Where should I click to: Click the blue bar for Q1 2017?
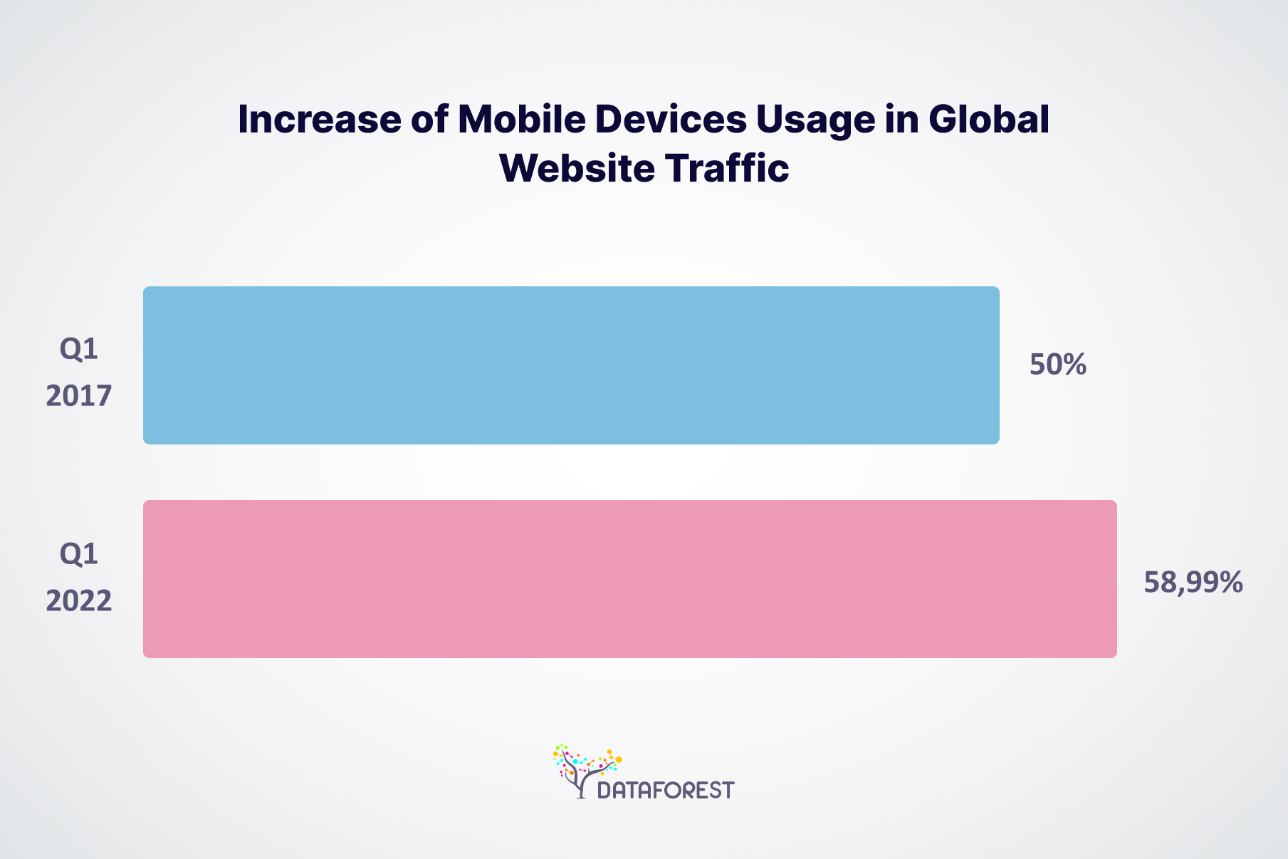(571, 365)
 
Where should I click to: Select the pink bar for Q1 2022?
(629, 578)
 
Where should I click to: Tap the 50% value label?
(1057, 365)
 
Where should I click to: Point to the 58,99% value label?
(1193, 582)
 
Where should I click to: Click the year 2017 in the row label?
(79, 395)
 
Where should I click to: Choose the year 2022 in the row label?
(79, 601)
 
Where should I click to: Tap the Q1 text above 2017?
(79, 349)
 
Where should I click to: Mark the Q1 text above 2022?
(79, 553)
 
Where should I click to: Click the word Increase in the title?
(319, 119)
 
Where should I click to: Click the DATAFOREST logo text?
(665, 790)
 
